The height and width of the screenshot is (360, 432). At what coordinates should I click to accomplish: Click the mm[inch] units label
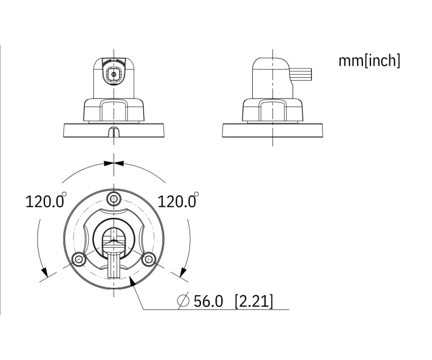coord(369,60)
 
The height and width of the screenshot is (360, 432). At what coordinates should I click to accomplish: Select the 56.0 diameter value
coord(209,301)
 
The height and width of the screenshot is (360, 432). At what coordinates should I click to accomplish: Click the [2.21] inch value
coord(254,301)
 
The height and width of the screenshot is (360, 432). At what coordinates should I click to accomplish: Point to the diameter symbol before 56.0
coord(183,301)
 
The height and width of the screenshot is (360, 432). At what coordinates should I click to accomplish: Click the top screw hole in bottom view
coord(114,199)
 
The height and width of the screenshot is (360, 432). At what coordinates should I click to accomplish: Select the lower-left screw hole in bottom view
coord(79,259)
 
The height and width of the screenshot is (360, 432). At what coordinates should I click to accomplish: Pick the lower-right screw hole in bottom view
coord(149,259)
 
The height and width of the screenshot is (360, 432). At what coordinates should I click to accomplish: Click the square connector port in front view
coord(114,74)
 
